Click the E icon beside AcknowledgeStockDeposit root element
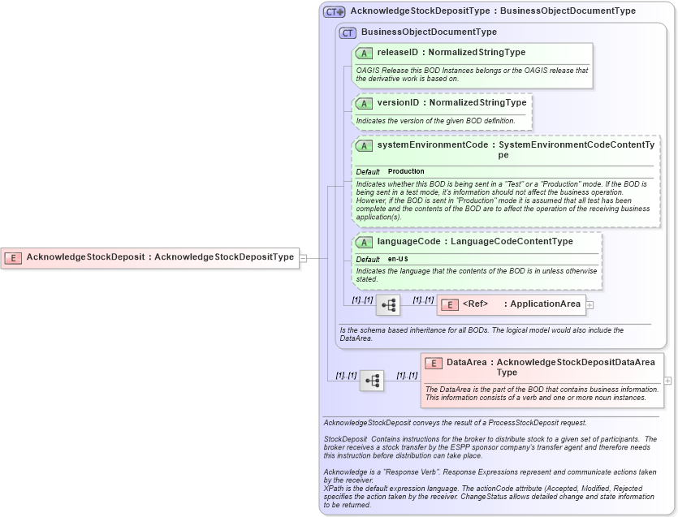click(13, 257)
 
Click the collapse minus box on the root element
click(303, 258)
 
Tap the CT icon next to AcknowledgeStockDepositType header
click(334, 11)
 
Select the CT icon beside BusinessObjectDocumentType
click(348, 32)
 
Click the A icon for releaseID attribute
click(364, 53)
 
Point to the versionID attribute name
click(398, 103)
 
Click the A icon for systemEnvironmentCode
click(364, 145)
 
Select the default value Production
click(406, 171)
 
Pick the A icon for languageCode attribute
click(364, 242)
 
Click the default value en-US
click(398, 259)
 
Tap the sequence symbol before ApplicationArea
click(388, 305)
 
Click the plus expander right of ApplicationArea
click(589, 305)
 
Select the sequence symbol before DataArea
click(372, 381)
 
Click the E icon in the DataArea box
click(434, 363)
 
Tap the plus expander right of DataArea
click(667, 380)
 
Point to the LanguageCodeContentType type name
click(512, 242)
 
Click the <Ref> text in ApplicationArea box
click(475, 304)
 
